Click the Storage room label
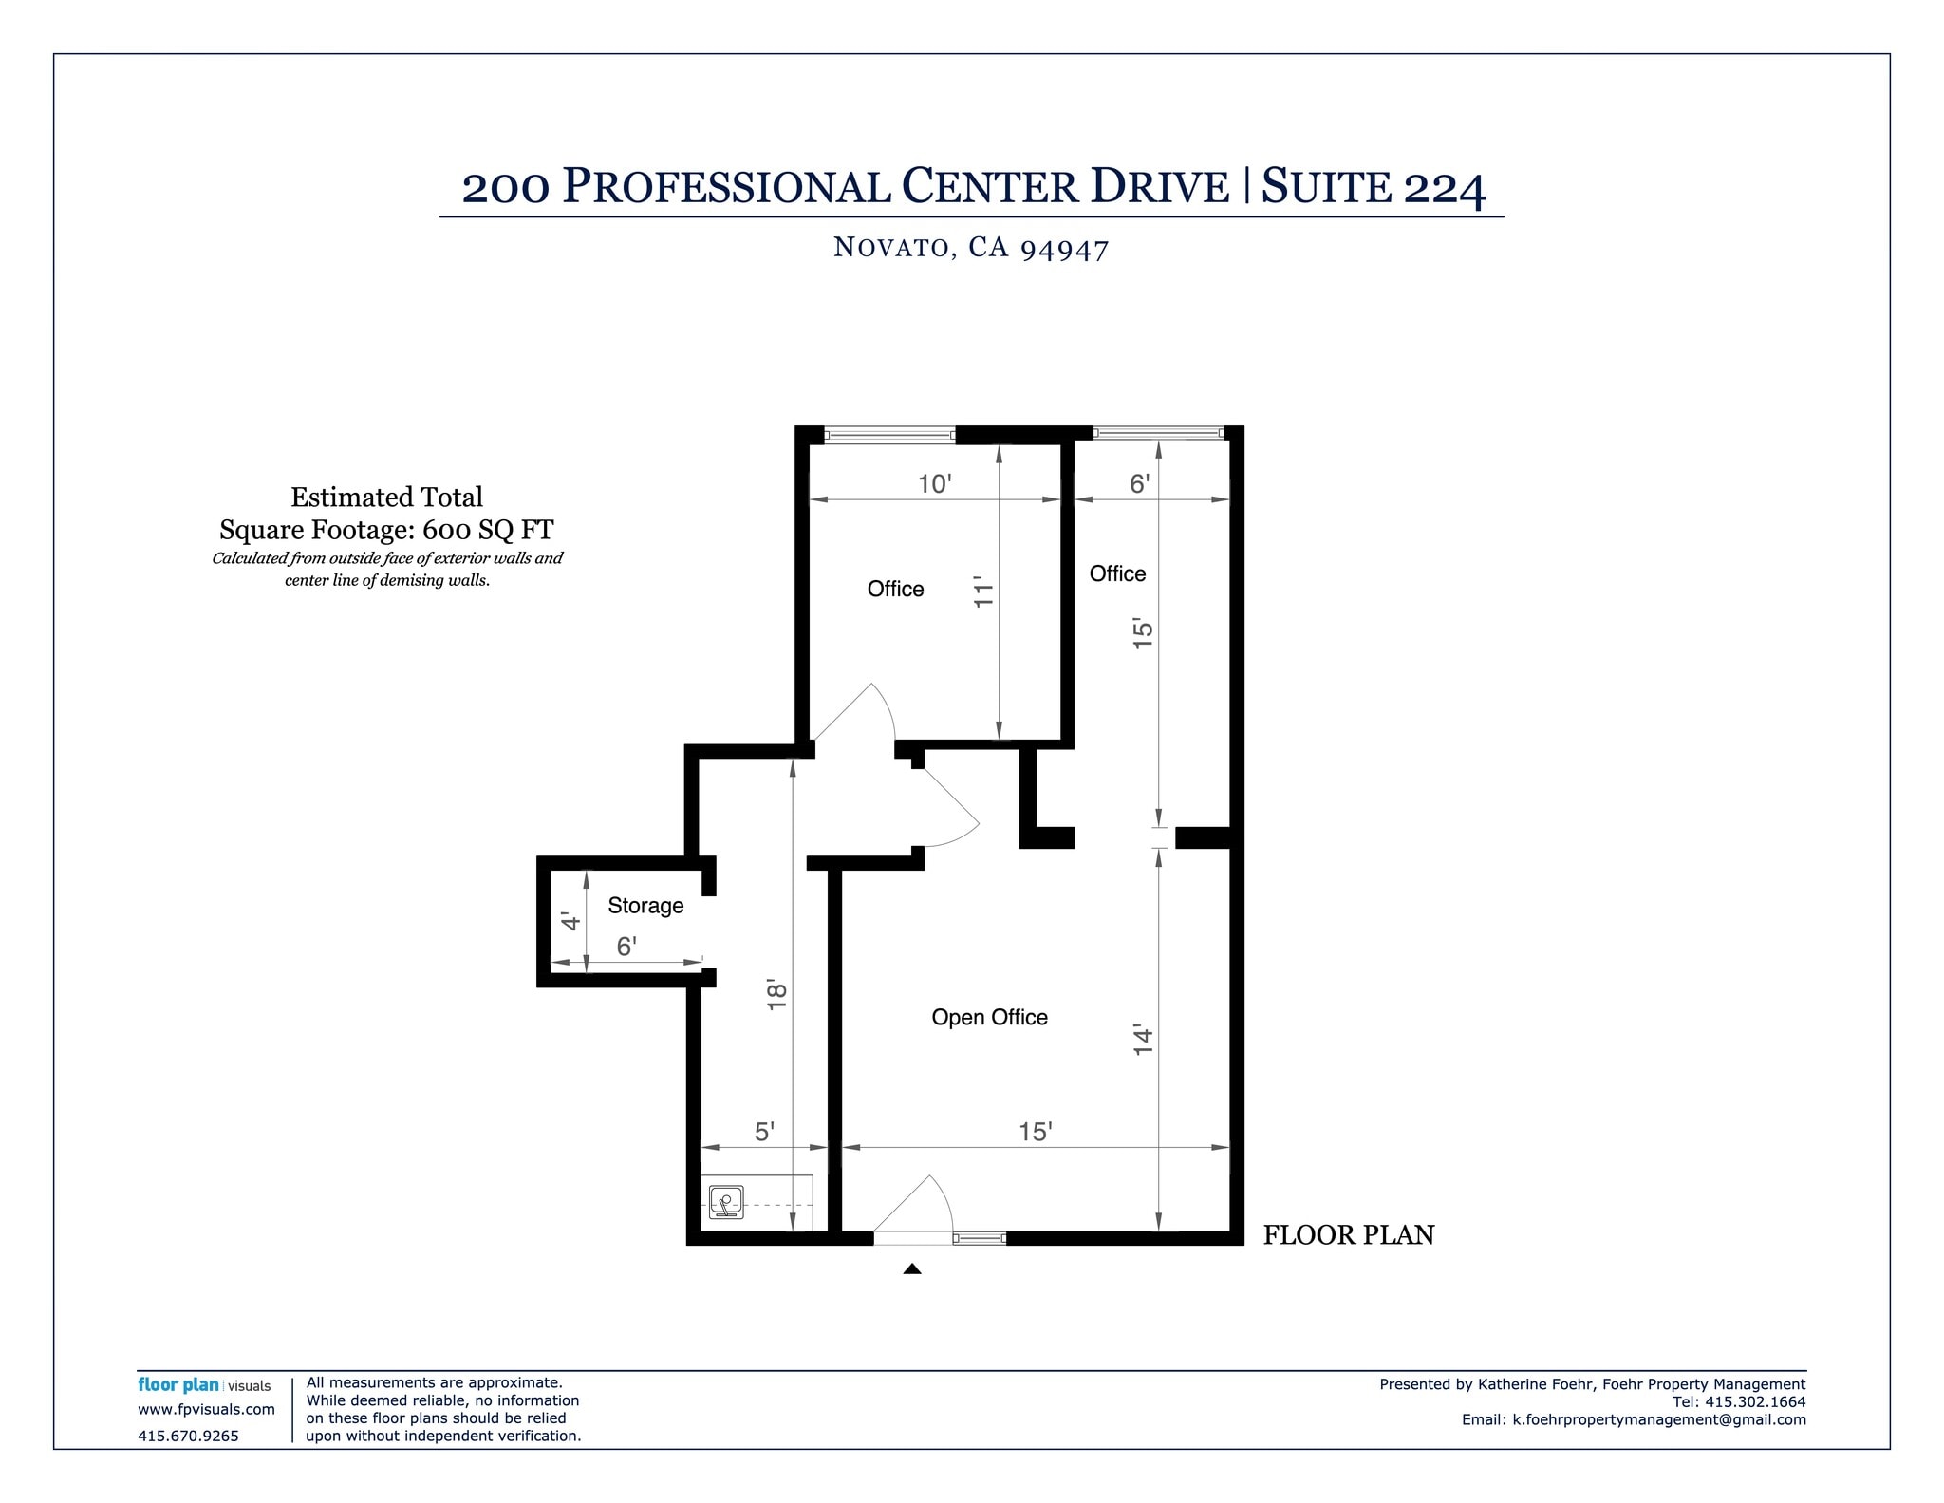click(x=645, y=905)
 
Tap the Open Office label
click(x=989, y=1017)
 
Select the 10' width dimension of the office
click(x=934, y=484)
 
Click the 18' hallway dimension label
click(x=776, y=994)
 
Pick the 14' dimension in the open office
click(x=1143, y=1040)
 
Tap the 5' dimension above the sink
click(x=764, y=1132)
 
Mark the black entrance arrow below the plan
click(x=912, y=1268)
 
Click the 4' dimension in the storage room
click(x=570, y=921)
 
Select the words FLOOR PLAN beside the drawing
click(x=1348, y=1234)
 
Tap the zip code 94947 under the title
click(x=1064, y=249)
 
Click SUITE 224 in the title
click(x=1373, y=186)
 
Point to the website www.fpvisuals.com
click(x=206, y=1409)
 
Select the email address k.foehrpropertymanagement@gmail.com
click(x=1659, y=1419)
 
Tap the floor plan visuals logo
click(x=204, y=1385)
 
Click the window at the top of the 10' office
click(x=889, y=436)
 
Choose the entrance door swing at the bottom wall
click(x=913, y=1210)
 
